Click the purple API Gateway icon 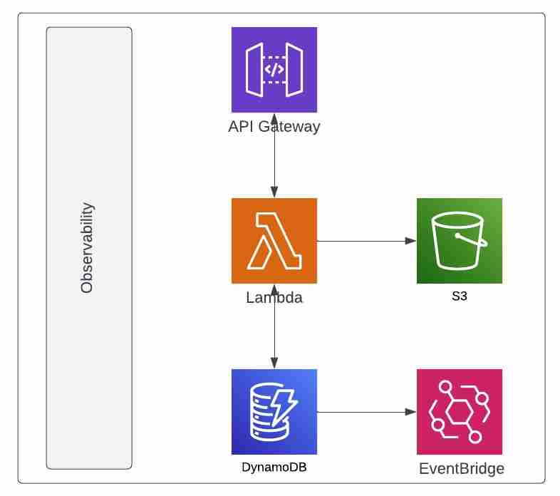click(x=274, y=69)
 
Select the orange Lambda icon click(x=274, y=241)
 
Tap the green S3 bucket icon click(x=460, y=241)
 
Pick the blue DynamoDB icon click(x=274, y=412)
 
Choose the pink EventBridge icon click(x=460, y=412)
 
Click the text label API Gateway click(x=274, y=127)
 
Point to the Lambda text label click(x=274, y=298)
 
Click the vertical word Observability click(x=88, y=248)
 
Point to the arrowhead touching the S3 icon click(x=411, y=241)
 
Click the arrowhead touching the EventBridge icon click(x=411, y=412)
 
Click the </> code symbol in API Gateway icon click(x=274, y=69)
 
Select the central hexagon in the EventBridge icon click(x=460, y=413)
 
